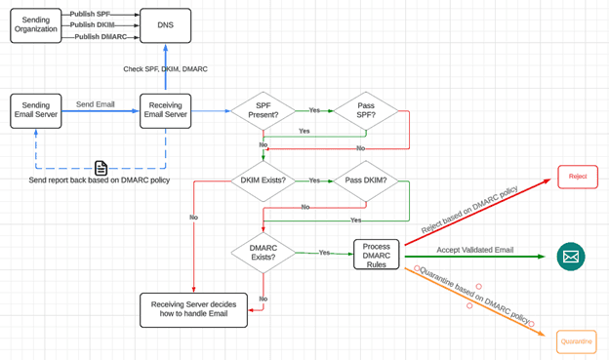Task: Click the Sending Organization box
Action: [x=36, y=24]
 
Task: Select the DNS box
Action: [x=165, y=24]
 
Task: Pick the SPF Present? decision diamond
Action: [x=264, y=111]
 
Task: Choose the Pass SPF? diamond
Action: [x=367, y=111]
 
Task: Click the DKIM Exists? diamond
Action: [x=264, y=180]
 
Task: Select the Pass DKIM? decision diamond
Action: [x=367, y=180]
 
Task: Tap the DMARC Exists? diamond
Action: [x=264, y=254]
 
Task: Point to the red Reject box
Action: [x=577, y=177]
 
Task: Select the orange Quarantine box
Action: [x=576, y=340]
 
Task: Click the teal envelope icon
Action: [x=571, y=257]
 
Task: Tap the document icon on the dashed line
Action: [x=101, y=168]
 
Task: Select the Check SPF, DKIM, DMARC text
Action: [x=165, y=69]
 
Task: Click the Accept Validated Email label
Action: [x=475, y=250]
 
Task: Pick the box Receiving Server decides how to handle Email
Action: [x=193, y=310]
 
